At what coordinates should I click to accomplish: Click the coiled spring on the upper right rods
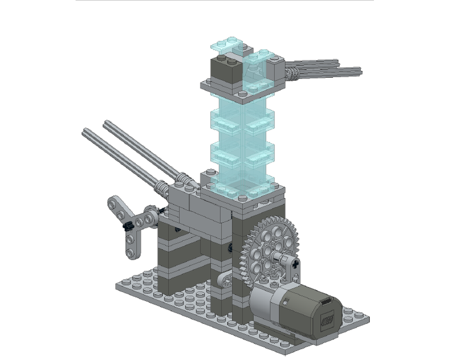tap(293, 71)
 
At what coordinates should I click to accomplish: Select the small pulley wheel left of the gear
tap(225, 282)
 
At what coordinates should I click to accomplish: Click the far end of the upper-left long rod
tap(107, 123)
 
